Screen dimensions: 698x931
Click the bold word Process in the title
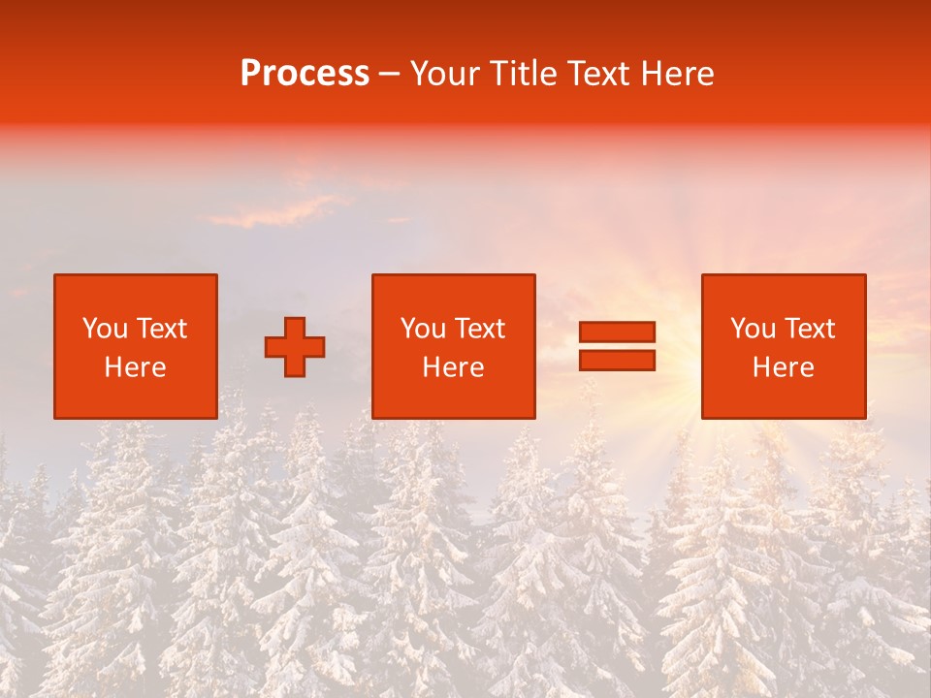click(305, 74)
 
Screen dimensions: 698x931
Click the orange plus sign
click(295, 347)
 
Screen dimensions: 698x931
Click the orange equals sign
click(617, 346)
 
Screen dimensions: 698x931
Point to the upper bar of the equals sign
click(617, 333)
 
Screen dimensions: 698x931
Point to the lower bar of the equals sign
click(617, 360)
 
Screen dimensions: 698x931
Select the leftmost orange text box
click(135, 346)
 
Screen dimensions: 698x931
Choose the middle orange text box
click(453, 346)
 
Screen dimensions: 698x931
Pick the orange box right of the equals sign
click(783, 346)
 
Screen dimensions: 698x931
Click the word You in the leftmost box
click(105, 329)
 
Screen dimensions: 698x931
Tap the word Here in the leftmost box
click(135, 367)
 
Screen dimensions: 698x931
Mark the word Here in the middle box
click(453, 367)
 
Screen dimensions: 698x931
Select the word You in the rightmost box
click(754, 329)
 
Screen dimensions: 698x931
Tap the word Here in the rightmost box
click(783, 367)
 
